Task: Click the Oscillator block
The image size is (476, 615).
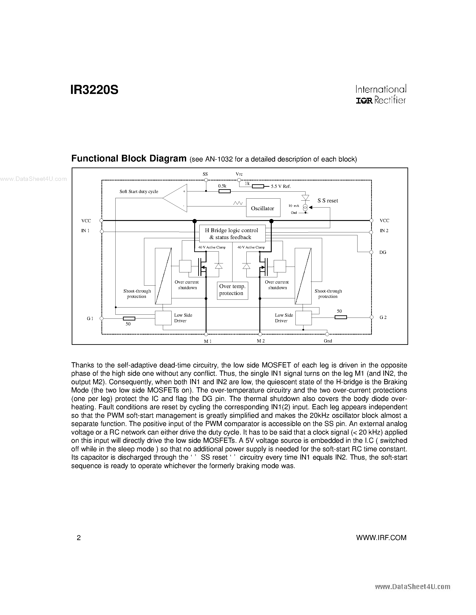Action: click(x=263, y=208)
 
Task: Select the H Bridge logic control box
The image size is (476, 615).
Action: click(x=232, y=233)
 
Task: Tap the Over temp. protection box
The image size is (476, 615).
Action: click(x=232, y=290)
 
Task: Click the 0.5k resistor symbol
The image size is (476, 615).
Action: click(x=224, y=191)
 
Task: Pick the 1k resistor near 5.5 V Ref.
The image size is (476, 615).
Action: click(x=258, y=186)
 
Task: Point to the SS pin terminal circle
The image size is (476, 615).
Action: click(x=206, y=180)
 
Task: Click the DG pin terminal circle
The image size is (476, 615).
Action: click(x=371, y=252)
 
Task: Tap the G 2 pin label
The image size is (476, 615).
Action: click(x=383, y=318)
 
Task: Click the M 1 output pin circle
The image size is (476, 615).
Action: click(x=206, y=334)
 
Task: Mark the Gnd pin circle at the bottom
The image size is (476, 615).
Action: click(x=327, y=334)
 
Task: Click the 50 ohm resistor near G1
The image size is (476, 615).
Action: click(x=129, y=318)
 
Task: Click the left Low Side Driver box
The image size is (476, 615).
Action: click(x=163, y=318)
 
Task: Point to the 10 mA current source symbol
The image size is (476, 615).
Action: click(x=305, y=208)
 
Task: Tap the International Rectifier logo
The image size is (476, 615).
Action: click(x=381, y=95)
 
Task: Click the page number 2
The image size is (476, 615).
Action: click(x=79, y=538)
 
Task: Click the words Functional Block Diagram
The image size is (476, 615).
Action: click(x=129, y=159)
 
